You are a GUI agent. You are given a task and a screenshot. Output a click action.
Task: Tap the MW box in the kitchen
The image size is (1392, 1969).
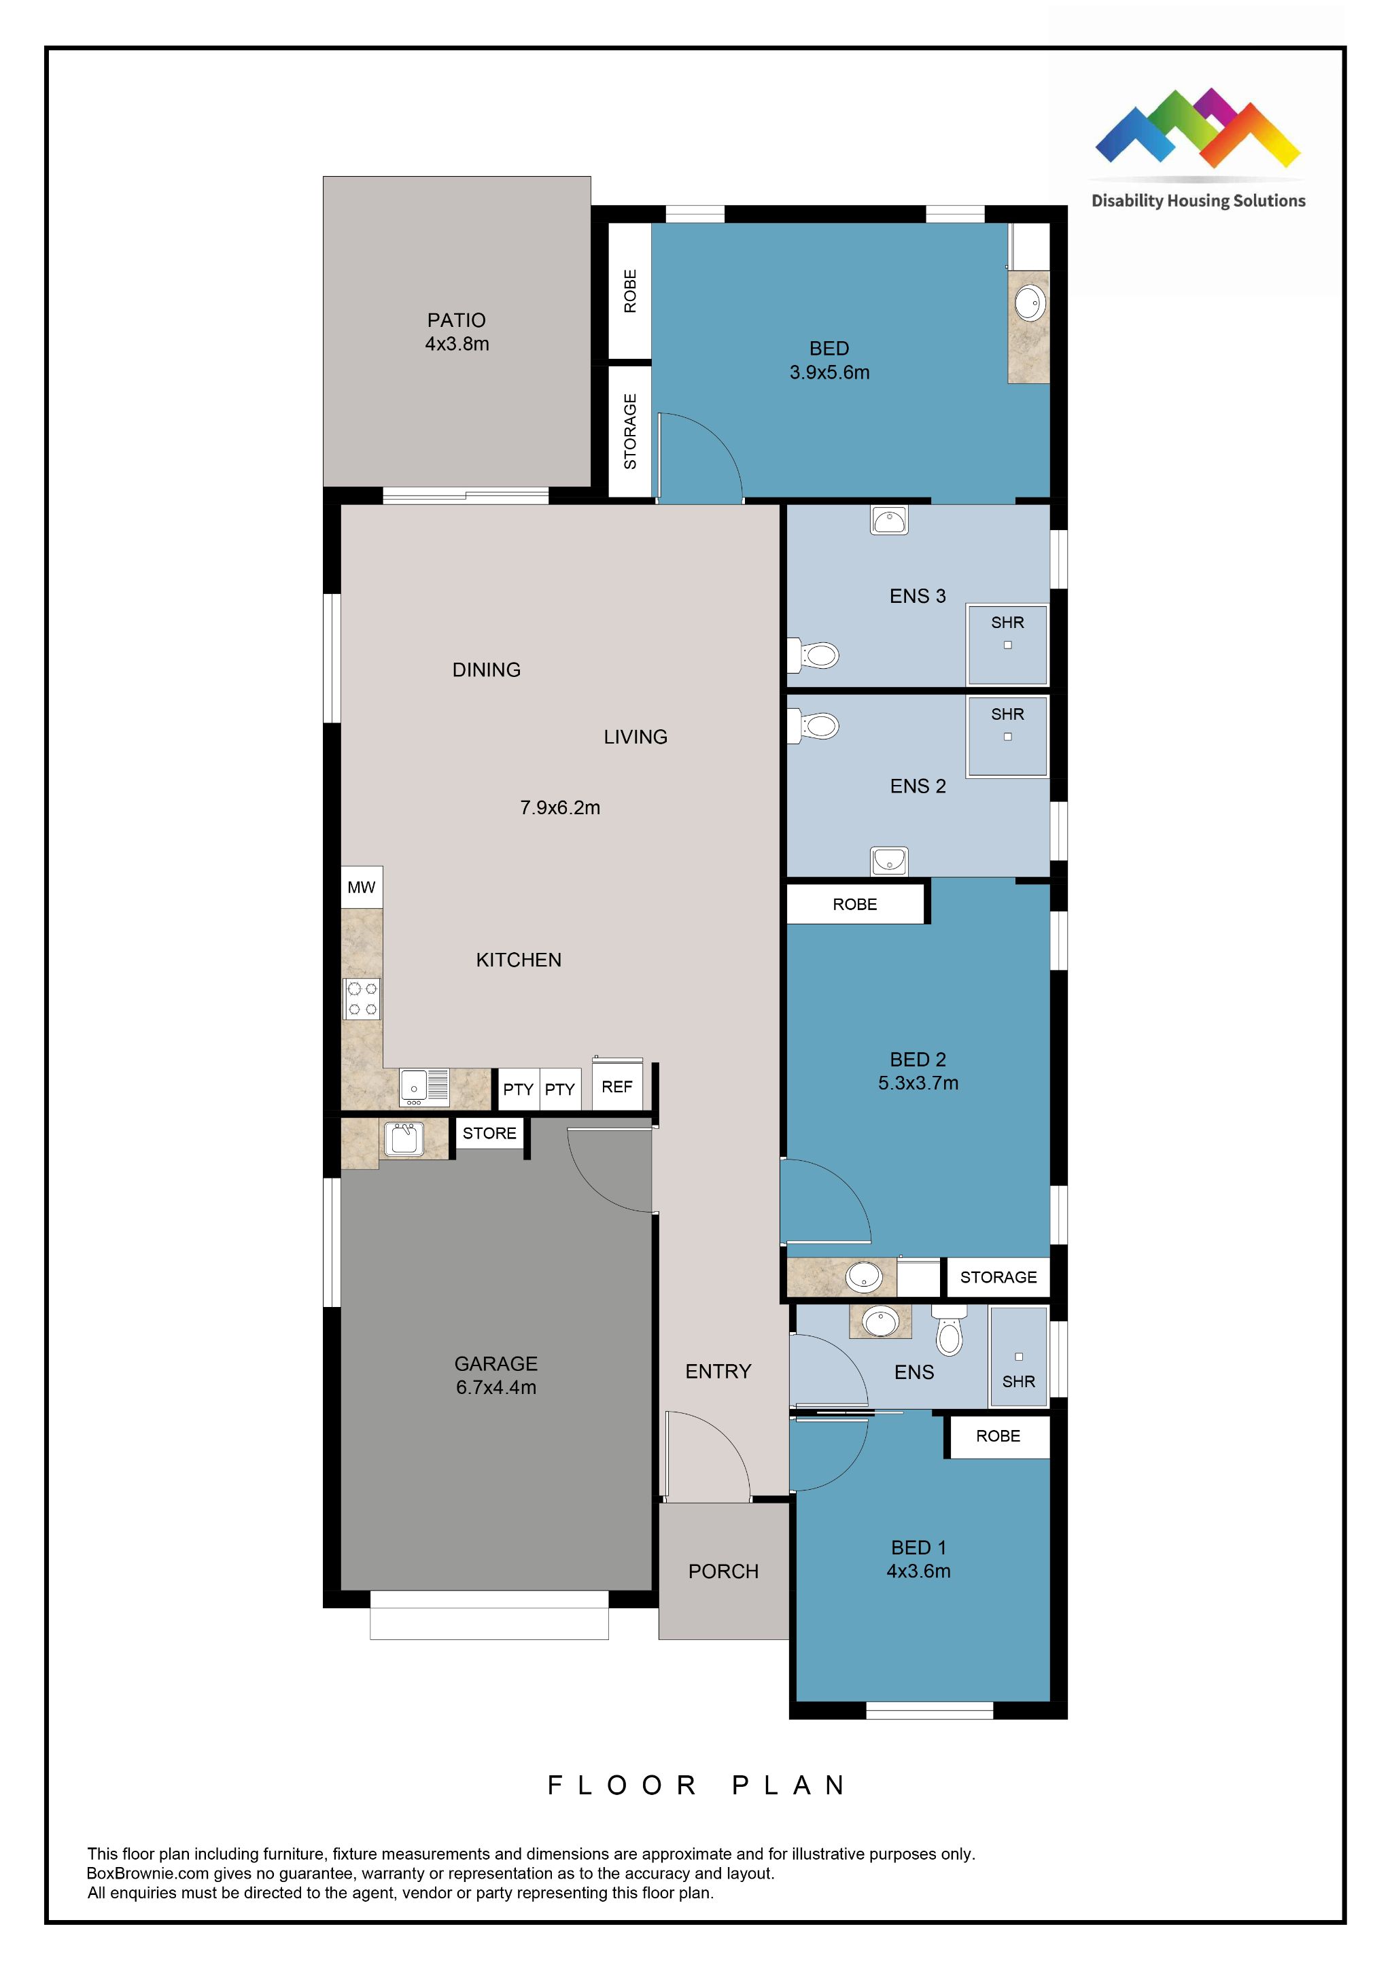pos(361,888)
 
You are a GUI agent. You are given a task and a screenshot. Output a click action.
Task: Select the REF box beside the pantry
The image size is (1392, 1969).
pos(616,1087)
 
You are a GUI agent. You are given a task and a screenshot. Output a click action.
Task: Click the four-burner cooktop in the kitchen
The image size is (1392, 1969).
pos(361,999)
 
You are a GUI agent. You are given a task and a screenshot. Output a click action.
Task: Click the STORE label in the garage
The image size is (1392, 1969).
pos(489,1133)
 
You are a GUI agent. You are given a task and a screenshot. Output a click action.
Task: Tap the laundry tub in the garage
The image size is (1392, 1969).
pos(403,1139)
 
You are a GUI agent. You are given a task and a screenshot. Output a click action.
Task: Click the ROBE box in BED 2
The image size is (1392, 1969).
pos(854,904)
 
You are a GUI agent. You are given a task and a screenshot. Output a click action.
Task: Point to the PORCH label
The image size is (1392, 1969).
pos(723,1571)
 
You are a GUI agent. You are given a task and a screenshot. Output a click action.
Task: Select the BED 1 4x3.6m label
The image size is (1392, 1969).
pos(918,1559)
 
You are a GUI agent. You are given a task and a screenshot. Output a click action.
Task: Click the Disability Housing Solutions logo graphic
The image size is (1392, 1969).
pos(1198,128)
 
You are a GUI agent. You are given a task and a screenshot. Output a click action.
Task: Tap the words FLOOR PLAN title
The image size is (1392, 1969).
pos(697,1785)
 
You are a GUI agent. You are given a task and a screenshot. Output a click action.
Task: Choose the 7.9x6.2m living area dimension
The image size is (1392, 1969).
pos(559,807)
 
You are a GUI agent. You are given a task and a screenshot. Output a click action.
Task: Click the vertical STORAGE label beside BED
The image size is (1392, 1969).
pos(630,432)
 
